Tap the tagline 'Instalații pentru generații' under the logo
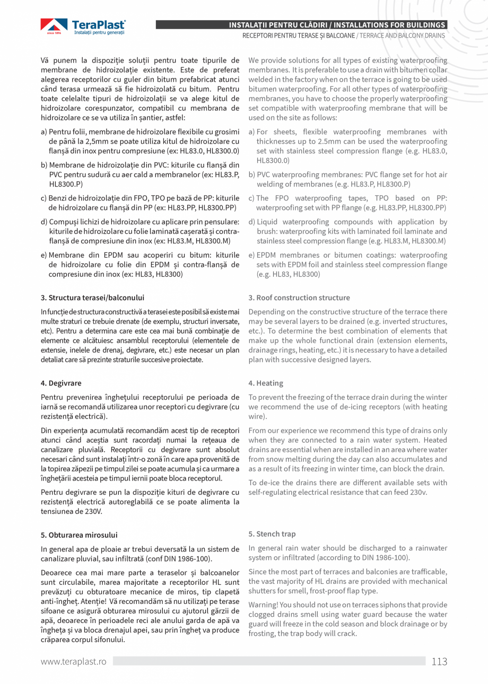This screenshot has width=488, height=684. pyautogui.click(x=99, y=33)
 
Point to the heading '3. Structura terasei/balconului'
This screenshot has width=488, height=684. pyautogui.click(x=92, y=297)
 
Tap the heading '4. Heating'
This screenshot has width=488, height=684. pyautogui.click(x=266, y=383)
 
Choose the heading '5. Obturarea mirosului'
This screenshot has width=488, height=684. pyautogui.click(x=79, y=534)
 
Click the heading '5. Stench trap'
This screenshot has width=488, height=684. pyautogui.click(x=272, y=534)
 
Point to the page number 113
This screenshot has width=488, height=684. pyautogui.click(x=439, y=661)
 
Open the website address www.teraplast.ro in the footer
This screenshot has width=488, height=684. pyautogui.click(x=74, y=662)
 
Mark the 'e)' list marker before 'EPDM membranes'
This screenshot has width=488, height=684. pyautogui.click(x=251, y=255)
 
